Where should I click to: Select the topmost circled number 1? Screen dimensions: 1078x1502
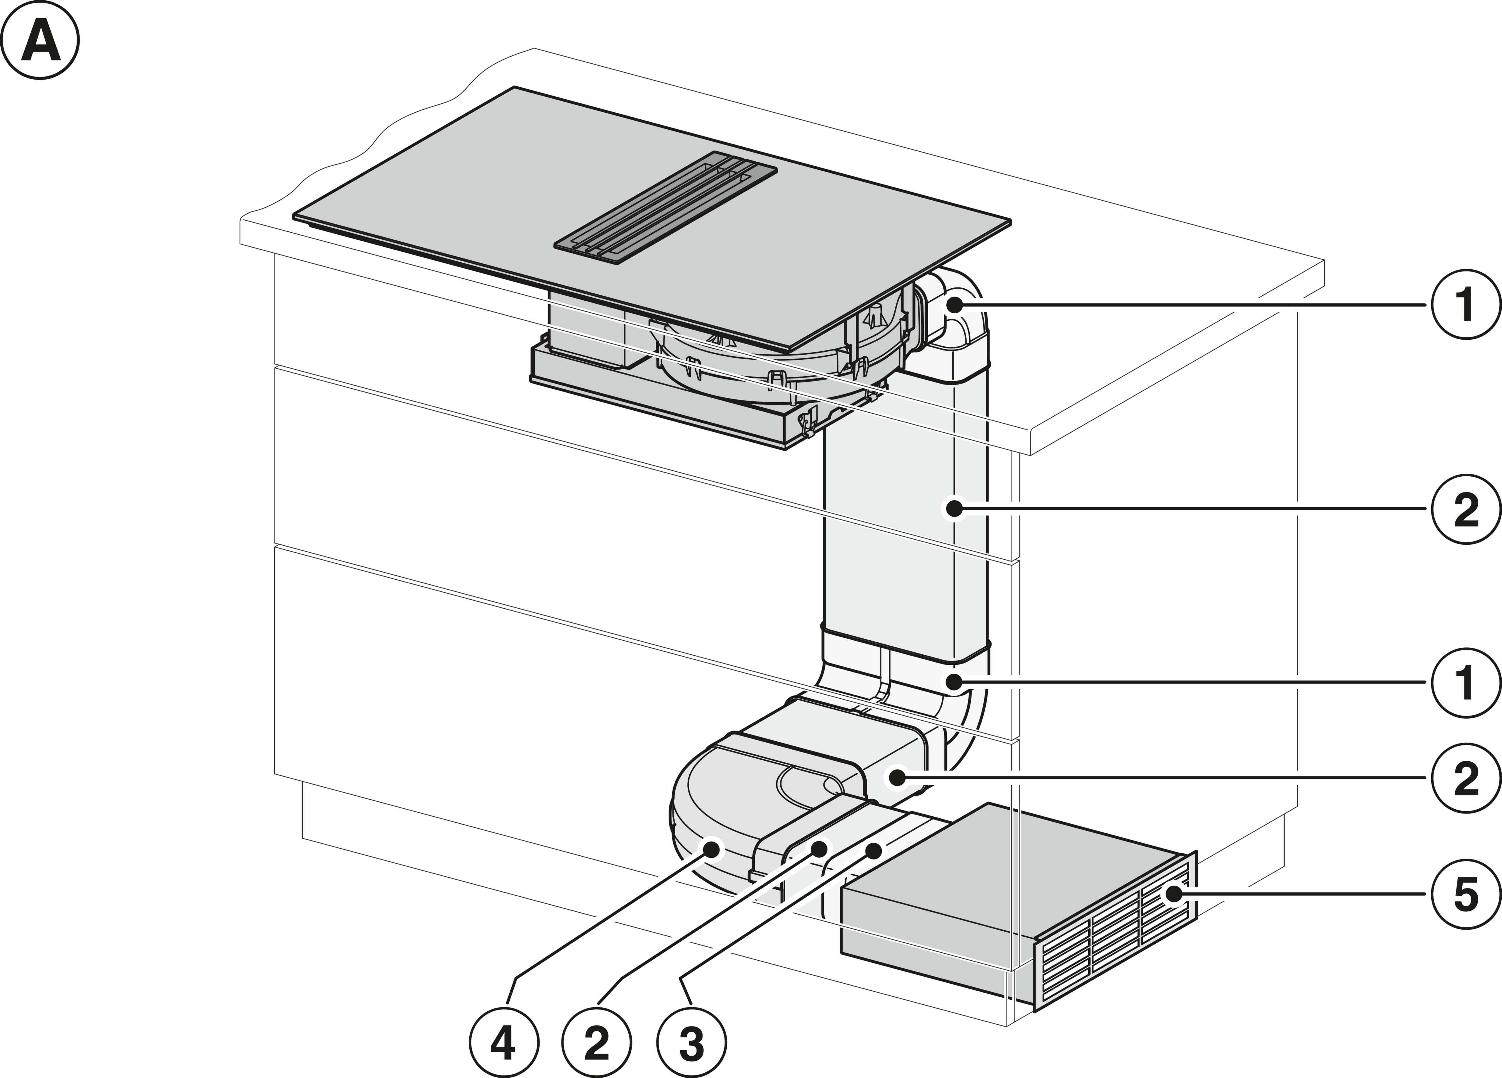click(x=1466, y=304)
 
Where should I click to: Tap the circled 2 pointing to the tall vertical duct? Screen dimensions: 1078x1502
click(x=1466, y=509)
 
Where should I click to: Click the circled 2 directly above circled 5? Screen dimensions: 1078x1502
click(x=1466, y=779)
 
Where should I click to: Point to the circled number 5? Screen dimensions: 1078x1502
click(x=1466, y=894)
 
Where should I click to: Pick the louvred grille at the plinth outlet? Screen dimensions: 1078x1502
click(x=1119, y=940)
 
